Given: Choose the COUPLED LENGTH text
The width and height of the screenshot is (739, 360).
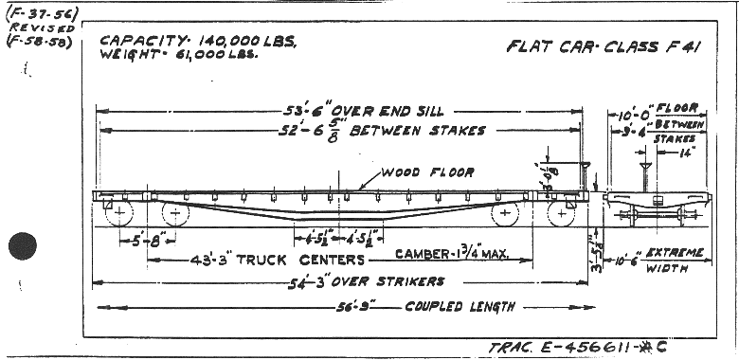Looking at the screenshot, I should coord(460,306).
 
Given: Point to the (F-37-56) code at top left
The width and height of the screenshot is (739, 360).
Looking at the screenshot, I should coord(29,13).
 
